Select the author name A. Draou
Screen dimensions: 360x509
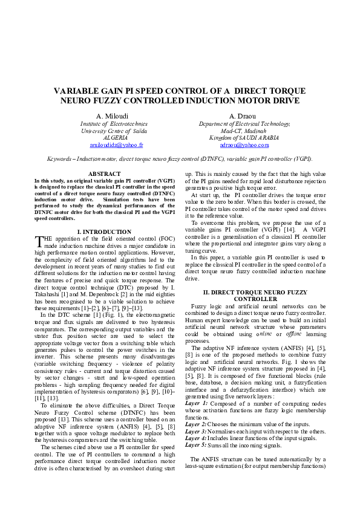click(244, 116)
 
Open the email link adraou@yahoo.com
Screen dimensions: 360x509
click(244, 146)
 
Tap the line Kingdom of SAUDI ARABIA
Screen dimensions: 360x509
click(244, 138)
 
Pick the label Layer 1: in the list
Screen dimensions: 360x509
click(197, 403)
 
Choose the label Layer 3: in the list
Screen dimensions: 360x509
click(197, 430)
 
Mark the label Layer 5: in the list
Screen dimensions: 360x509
click(197, 445)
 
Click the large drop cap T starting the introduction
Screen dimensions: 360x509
click(40, 242)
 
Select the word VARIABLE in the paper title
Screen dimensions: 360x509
click(77, 91)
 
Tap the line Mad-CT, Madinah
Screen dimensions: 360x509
click(244, 131)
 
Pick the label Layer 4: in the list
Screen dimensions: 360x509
click(197, 438)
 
